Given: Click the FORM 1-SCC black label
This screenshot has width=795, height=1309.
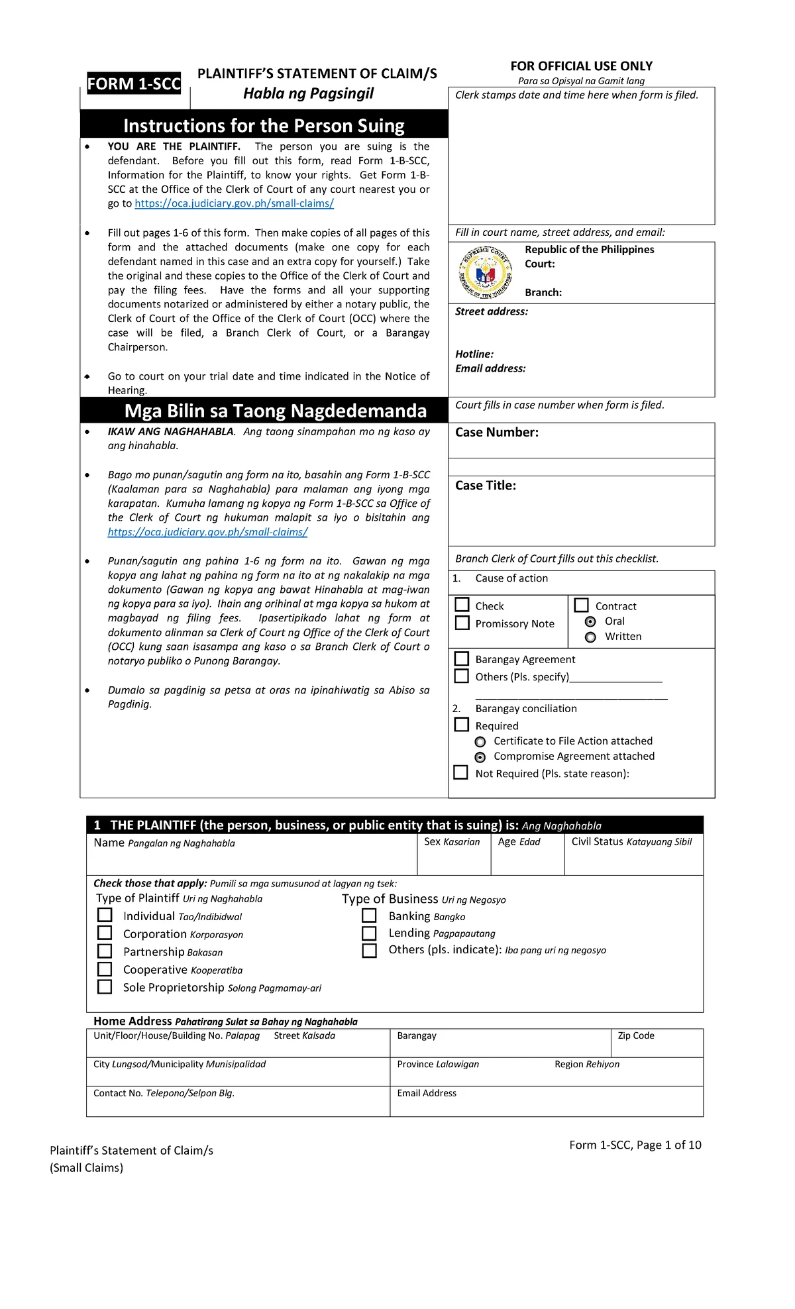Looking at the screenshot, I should (x=134, y=84).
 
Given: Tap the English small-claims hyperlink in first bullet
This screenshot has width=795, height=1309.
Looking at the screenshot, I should (x=234, y=203).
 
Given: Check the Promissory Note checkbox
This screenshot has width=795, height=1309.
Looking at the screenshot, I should (x=462, y=623).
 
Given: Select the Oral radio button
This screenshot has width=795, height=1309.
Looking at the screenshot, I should (x=590, y=621).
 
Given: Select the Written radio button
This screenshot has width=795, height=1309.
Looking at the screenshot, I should (x=590, y=637).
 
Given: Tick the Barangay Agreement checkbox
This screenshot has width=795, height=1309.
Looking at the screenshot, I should (x=462, y=658).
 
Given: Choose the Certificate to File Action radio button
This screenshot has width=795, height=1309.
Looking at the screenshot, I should (x=480, y=742).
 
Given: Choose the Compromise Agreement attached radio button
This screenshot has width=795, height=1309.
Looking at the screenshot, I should (x=480, y=757).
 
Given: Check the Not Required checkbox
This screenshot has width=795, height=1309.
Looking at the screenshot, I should (x=460, y=772).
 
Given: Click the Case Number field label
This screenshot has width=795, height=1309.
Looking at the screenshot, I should (x=496, y=433).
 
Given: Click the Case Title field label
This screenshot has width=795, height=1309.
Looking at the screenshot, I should (x=485, y=486).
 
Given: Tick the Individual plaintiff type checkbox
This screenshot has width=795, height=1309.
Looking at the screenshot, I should (x=105, y=915).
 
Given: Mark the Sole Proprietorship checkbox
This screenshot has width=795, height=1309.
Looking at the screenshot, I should (x=105, y=986).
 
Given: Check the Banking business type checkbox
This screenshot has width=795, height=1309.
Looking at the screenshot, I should (x=369, y=916).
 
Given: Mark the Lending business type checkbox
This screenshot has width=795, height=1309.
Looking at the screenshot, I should (x=369, y=933).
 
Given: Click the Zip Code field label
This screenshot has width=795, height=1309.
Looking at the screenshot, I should (x=635, y=1035).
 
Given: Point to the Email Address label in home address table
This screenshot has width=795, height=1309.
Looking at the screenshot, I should (x=426, y=1093).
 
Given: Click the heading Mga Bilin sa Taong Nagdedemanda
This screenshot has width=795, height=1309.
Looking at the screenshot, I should (x=275, y=411).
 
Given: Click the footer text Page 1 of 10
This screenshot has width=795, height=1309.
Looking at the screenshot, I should (x=668, y=1145).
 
